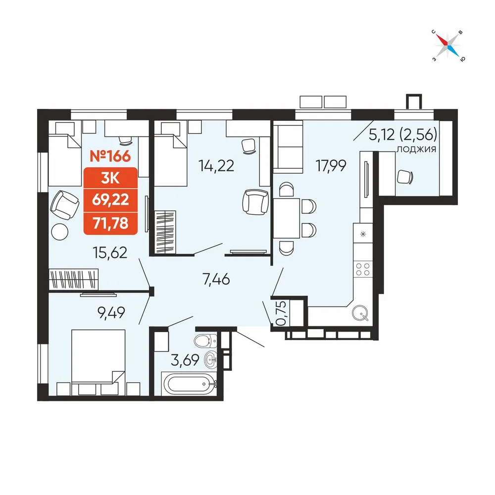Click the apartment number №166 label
[110, 156]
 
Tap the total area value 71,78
[110, 223]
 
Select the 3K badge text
[110, 179]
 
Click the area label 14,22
[216, 166]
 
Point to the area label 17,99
[331, 166]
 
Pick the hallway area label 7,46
[216, 279]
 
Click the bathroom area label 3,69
[185, 360]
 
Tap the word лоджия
[416, 149]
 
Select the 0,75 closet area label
[281, 313]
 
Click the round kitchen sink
[360, 313]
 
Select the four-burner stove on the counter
[363, 269]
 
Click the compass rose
[448, 46]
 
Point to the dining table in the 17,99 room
[286, 218]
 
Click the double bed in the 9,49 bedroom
[98, 362]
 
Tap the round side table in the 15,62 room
[60, 232]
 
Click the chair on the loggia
[405, 177]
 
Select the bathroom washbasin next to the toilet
[210, 359]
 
